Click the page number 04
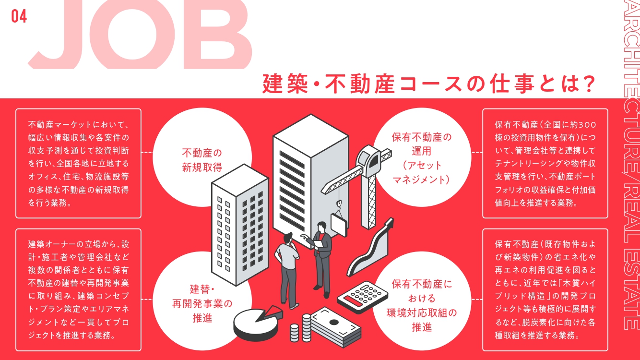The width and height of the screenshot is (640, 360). tap(19, 16)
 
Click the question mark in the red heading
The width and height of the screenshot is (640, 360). tap(589, 84)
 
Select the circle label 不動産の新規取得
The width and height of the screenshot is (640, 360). tap(202, 160)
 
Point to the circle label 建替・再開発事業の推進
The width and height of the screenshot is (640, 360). tap(202, 303)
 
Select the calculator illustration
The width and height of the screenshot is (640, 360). tap(363, 297)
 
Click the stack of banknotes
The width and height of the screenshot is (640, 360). tap(336, 327)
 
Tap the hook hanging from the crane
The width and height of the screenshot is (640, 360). tap(339, 204)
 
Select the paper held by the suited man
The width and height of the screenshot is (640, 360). tap(318, 244)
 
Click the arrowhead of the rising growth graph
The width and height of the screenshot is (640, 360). tap(389, 223)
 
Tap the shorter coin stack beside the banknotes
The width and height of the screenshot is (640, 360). tap(294, 333)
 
